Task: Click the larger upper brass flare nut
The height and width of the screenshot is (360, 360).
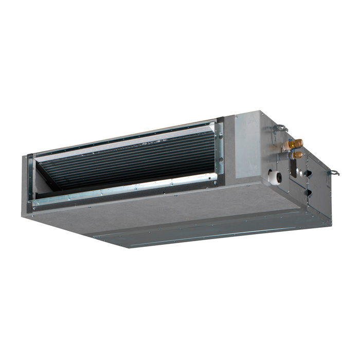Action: coord(297,143)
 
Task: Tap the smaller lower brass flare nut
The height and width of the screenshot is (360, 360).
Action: coord(298,154)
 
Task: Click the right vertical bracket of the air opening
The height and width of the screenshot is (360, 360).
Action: coord(220,149)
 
